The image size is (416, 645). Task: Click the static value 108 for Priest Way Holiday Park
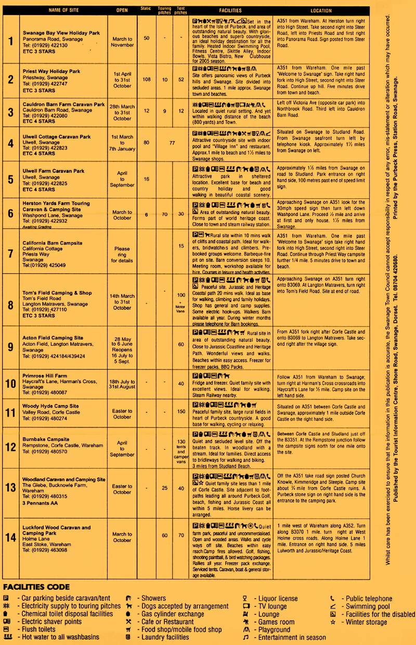(x=146, y=80)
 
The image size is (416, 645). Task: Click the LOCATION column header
(x=321, y=10)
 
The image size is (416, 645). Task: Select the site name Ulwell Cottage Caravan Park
(x=57, y=137)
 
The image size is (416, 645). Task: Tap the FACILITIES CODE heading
(x=36, y=587)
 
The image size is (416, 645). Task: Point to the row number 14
(x=10, y=537)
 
